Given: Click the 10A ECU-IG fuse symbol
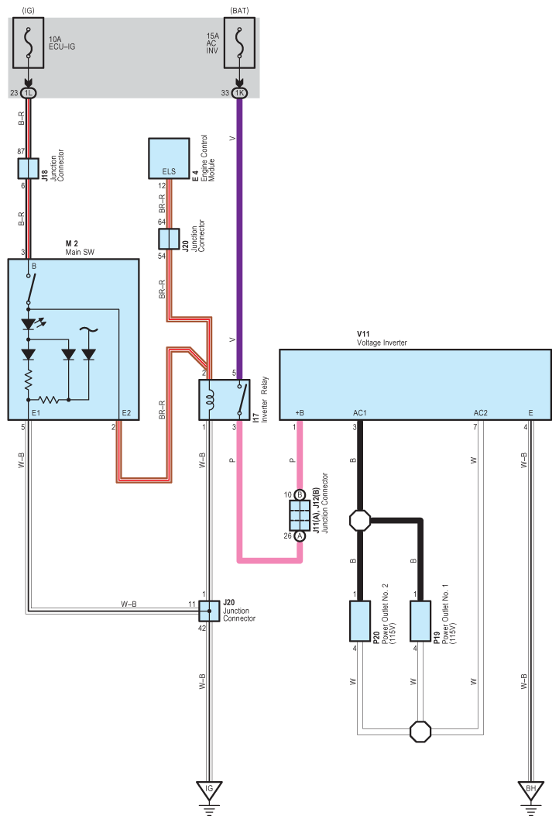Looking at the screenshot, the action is (x=29, y=43).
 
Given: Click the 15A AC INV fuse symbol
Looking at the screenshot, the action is (x=240, y=43).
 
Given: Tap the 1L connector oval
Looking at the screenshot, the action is (x=29, y=93).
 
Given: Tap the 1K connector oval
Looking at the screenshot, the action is (x=240, y=93).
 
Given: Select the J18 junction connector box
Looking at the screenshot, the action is (x=29, y=168).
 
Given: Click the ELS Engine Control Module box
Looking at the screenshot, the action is (x=169, y=159).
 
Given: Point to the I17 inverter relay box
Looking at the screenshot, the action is (x=225, y=399).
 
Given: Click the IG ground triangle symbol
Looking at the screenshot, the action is (x=209, y=790).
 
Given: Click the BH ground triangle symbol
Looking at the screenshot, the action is (x=530, y=790).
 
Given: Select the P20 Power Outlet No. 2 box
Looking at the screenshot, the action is (x=360, y=621).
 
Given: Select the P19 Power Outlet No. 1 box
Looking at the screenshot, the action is (x=420, y=621).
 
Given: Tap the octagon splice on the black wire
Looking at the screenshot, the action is (x=360, y=521).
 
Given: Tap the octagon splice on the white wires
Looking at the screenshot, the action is (x=420, y=731).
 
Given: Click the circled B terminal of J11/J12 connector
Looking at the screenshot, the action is (x=300, y=494).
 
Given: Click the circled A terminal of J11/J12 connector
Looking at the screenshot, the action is (x=300, y=536).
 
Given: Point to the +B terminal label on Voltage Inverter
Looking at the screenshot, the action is (x=300, y=413).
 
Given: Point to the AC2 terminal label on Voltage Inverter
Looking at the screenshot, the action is (x=480, y=413).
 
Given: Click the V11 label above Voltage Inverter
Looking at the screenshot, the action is (x=363, y=334).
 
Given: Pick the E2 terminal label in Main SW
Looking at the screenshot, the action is (x=126, y=413).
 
